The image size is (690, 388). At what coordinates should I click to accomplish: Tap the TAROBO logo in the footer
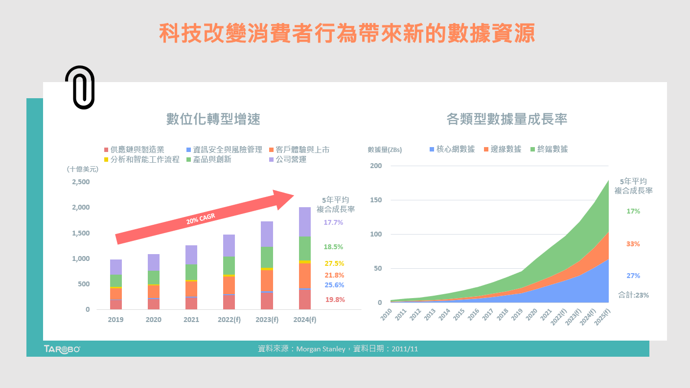click(x=62, y=349)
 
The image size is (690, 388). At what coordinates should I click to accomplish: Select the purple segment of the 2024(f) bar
click(x=305, y=222)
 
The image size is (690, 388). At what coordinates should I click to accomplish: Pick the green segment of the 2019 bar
click(x=116, y=280)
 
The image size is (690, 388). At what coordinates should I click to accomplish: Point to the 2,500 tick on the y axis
click(x=81, y=182)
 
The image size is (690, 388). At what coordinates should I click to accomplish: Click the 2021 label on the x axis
click(x=191, y=320)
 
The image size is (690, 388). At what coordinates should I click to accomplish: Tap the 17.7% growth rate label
click(x=333, y=222)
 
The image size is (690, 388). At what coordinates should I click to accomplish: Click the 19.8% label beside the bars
click(x=335, y=300)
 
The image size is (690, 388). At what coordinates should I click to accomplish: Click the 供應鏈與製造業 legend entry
click(x=134, y=150)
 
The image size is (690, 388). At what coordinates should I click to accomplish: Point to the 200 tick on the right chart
click(x=376, y=166)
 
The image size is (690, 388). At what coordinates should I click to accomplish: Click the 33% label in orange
click(x=633, y=243)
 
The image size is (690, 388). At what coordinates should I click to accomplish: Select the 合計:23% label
click(x=628, y=295)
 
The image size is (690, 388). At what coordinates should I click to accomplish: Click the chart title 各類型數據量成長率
click(x=506, y=119)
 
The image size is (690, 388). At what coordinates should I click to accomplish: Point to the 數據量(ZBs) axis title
click(x=385, y=150)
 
